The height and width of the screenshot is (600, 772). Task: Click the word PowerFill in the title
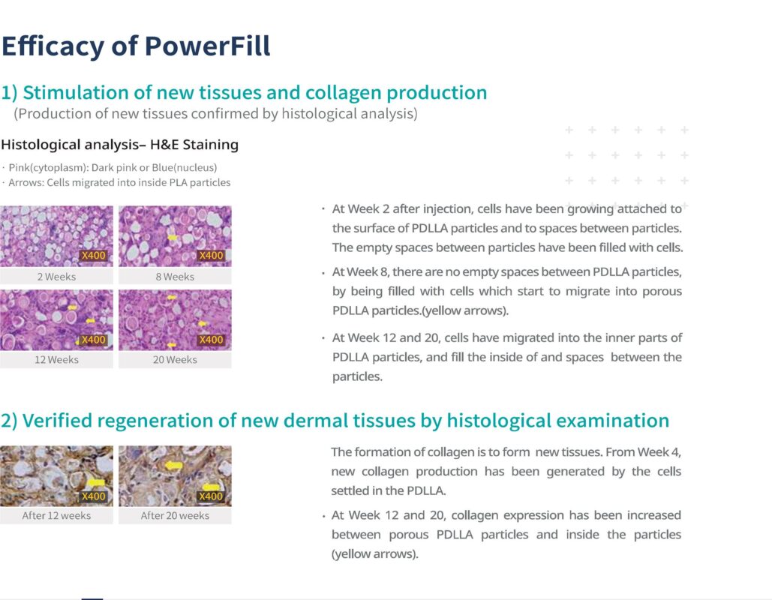(x=207, y=46)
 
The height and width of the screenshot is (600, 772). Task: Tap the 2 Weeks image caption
(x=56, y=277)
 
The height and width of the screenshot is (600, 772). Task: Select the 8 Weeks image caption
(x=175, y=277)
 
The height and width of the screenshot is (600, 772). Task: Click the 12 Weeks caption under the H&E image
(x=56, y=360)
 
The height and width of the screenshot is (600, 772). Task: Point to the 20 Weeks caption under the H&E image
(x=175, y=360)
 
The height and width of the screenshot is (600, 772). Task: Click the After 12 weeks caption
(x=56, y=515)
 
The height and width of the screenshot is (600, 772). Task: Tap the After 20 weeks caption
(x=175, y=515)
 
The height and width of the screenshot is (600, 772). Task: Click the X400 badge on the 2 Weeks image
(x=94, y=256)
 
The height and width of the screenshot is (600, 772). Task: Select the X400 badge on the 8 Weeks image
(x=212, y=256)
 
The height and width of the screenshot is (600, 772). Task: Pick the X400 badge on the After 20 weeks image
(x=211, y=496)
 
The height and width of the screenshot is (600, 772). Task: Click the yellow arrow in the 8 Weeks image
(x=173, y=238)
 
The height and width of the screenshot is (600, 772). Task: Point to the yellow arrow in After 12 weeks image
(x=96, y=482)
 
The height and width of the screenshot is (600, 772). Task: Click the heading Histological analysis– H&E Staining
(x=119, y=145)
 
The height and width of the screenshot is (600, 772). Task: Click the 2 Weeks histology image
(x=56, y=236)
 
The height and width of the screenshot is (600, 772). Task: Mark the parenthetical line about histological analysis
(x=215, y=114)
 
